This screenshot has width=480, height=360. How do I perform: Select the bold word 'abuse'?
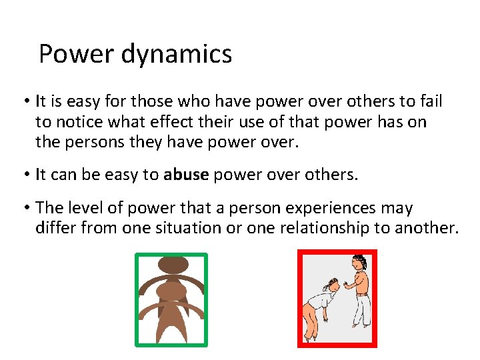pyautogui.click(x=187, y=175)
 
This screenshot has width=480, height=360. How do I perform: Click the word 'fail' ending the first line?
pyautogui.click(x=431, y=101)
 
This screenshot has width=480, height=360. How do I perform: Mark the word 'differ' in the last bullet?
pyautogui.click(x=55, y=228)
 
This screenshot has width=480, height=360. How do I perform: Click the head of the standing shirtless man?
pyautogui.click(x=359, y=262)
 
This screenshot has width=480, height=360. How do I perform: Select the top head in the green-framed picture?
pyautogui.click(x=172, y=265)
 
